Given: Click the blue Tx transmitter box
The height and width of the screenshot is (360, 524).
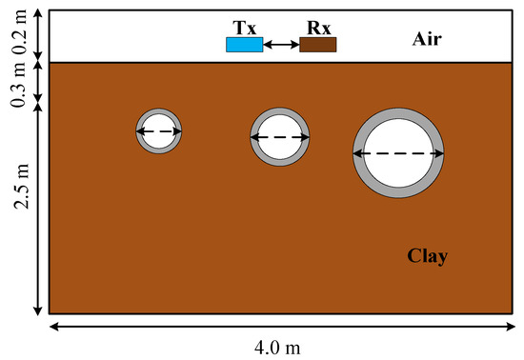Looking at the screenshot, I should click(244, 45).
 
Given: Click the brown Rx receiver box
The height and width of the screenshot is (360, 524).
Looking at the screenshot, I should click(317, 45).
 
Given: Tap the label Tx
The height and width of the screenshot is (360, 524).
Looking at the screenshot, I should click(243, 27).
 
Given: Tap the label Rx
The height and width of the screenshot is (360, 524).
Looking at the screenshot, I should click(317, 27).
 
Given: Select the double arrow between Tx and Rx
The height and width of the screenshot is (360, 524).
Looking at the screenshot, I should click(280, 45).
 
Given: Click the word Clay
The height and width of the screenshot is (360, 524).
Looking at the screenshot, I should click(427, 255).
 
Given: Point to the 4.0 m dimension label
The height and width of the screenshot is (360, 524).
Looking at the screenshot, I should click(283, 347).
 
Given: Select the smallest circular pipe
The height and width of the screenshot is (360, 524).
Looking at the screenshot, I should click(159, 131).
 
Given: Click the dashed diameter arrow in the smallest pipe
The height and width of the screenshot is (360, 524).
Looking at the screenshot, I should click(159, 131).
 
